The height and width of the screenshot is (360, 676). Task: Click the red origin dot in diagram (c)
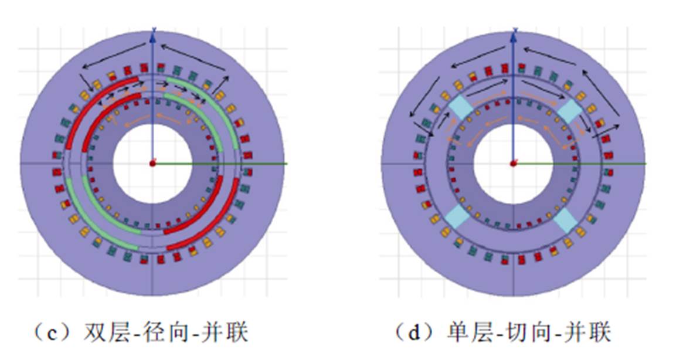click(x=152, y=164)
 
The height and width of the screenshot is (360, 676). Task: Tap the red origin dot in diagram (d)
click(x=513, y=164)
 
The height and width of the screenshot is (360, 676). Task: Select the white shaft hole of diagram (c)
click(x=152, y=164)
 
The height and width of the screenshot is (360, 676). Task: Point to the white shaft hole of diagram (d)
click(x=513, y=164)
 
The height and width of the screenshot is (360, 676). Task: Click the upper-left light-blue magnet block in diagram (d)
click(x=460, y=107)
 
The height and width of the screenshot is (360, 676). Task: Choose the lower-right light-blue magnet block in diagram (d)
click(x=566, y=220)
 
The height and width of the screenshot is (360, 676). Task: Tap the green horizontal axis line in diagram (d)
click(x=580, y=164)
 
